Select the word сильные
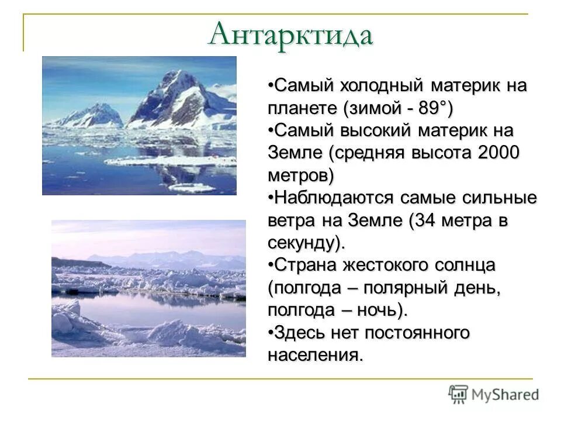[502, 198]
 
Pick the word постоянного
[417, 333]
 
